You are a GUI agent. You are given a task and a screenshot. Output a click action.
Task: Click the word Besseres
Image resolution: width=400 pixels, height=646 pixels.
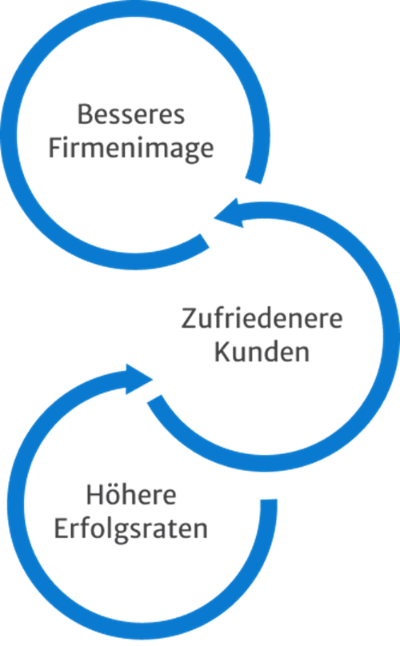tap(131, 114)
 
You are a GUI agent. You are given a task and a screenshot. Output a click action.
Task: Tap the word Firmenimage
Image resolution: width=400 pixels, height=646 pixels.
tap(131, 149)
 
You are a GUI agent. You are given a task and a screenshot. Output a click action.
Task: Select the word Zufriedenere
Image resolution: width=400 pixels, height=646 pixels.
tap(262, 318)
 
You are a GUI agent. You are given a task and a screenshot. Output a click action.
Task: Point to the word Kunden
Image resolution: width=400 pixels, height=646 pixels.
tap(262, 353)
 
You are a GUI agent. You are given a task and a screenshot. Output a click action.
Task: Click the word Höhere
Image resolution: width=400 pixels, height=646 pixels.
tap(131, 494)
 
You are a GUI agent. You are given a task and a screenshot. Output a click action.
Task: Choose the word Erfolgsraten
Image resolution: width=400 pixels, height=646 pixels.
tap(131, 528)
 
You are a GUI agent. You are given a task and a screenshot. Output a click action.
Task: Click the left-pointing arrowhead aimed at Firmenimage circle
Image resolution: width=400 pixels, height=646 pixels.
tap(228, 213)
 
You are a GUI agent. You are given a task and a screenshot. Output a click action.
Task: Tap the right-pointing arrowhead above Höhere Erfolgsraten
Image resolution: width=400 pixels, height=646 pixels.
tap(139, 379)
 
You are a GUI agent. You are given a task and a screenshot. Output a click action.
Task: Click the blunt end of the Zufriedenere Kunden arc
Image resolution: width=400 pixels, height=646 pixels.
tap(155, 400)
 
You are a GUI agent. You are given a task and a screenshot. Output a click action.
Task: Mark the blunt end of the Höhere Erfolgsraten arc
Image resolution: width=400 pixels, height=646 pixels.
tap(269, 505)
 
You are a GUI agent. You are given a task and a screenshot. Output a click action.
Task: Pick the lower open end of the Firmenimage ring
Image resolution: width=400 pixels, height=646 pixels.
tap(204, 241)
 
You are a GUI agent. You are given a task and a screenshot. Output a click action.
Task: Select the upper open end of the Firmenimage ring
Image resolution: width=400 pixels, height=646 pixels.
tap(254, 180)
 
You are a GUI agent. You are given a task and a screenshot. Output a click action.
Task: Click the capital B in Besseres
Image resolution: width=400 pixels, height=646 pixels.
tap(84, 114)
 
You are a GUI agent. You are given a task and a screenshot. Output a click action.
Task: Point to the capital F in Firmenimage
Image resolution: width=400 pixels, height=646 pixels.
tap(55, 148)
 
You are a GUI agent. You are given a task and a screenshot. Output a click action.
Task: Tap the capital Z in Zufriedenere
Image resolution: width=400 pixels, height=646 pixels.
tap(189, 318)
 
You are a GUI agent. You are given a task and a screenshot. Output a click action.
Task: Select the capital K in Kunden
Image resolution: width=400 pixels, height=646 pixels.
tap(222, 353)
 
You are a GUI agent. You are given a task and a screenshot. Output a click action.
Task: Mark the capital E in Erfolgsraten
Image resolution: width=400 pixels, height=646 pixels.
tap(61, 528)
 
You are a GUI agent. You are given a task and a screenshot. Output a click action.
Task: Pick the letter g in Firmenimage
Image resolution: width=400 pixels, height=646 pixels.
tap(188, 152)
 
